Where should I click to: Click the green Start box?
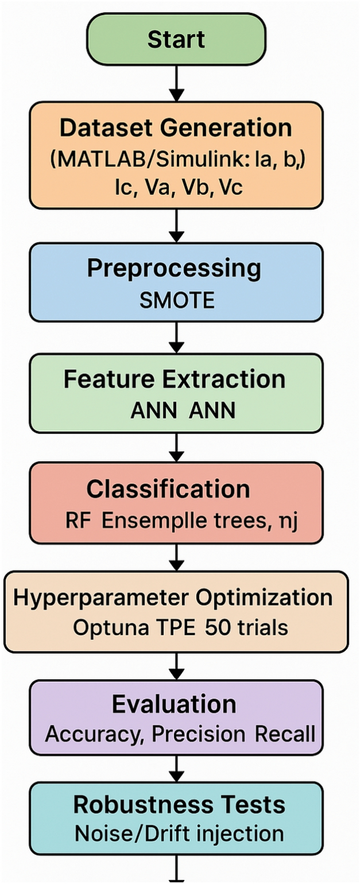click(176, 40)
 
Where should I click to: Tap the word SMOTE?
click(177, 300)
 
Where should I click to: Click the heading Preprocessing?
click(173, 269)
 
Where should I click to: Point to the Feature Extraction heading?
click(174, 379)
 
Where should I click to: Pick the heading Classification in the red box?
click(168, 489)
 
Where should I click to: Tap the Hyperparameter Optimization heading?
click(173, 597)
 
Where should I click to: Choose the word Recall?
click(286, 734)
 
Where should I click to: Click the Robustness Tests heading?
click(179, 805)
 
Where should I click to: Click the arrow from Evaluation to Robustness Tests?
click(176, 769)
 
